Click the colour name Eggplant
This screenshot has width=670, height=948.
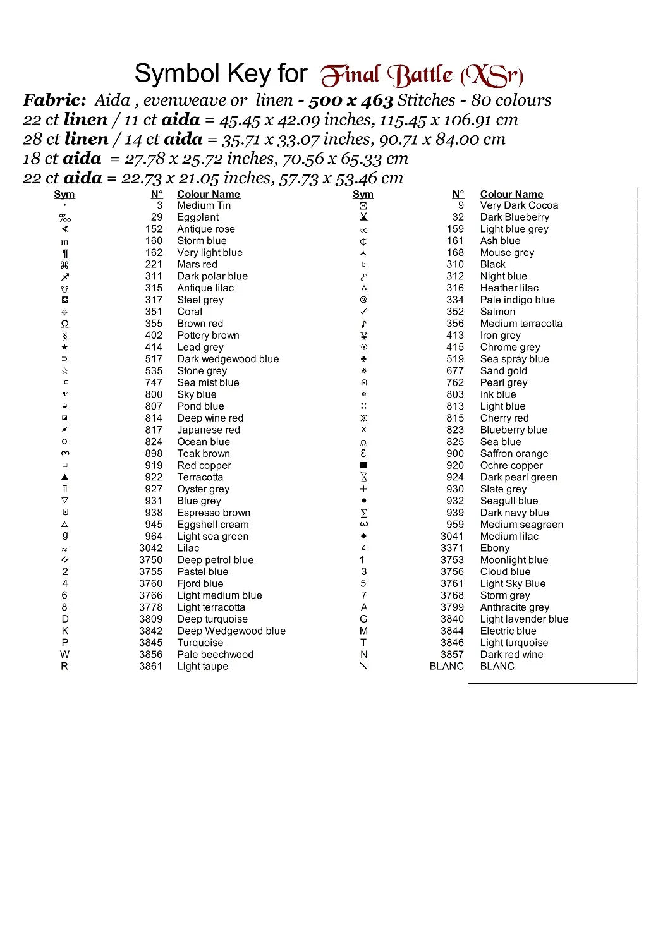198,217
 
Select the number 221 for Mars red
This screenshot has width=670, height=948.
154,265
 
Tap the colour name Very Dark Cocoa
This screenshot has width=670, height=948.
519,205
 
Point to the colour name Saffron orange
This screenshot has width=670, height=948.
514,454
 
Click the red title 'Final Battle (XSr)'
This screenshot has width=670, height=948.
422,76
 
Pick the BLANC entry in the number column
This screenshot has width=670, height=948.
446,667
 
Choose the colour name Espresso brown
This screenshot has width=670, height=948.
214,513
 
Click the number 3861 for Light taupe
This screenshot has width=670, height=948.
150,667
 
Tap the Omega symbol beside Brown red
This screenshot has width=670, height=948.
64,324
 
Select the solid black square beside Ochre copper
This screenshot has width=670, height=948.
363,466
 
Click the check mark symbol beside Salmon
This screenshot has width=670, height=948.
363,312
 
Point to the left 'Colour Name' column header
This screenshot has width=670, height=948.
209,195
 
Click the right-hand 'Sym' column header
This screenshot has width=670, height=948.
363,195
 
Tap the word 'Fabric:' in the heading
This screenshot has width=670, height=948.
54,100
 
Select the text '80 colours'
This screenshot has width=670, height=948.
511,100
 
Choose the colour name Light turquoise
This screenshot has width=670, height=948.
514,643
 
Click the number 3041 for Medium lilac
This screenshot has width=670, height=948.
452,537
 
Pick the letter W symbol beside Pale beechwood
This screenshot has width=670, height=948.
64,655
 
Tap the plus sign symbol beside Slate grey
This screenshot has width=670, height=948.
363,489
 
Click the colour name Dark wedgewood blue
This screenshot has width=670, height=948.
228,360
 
